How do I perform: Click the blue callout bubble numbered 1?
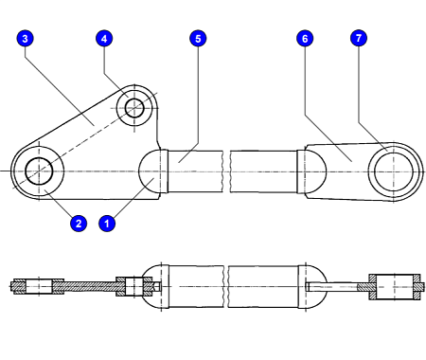(x=107, y=224)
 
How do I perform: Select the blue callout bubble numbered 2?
(x=79, y=224)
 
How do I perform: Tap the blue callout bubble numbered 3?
(x=25, y=39)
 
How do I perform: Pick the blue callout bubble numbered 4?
(x=104, y=39)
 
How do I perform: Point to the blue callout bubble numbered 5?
(x=198, y=39)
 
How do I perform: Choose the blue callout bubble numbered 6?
(x=305, y=39)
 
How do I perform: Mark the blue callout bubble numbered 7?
(x=359, y=38)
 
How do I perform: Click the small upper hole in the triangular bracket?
(x=134, y=108)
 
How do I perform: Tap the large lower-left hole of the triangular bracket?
(x=39, y=171)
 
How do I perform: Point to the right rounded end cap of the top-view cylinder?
(x=311, y=171)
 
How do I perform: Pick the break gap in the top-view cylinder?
(x=226, y=171)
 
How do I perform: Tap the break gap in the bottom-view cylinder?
(x=226, y=286)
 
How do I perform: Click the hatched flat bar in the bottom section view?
(x=90, y=286)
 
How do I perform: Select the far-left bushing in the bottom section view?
(x=39, y=287)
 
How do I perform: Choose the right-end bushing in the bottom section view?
(x=395, y=287)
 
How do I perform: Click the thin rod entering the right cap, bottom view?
(x=331, y=287)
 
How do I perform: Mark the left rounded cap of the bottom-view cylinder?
(x=154, y=287)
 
